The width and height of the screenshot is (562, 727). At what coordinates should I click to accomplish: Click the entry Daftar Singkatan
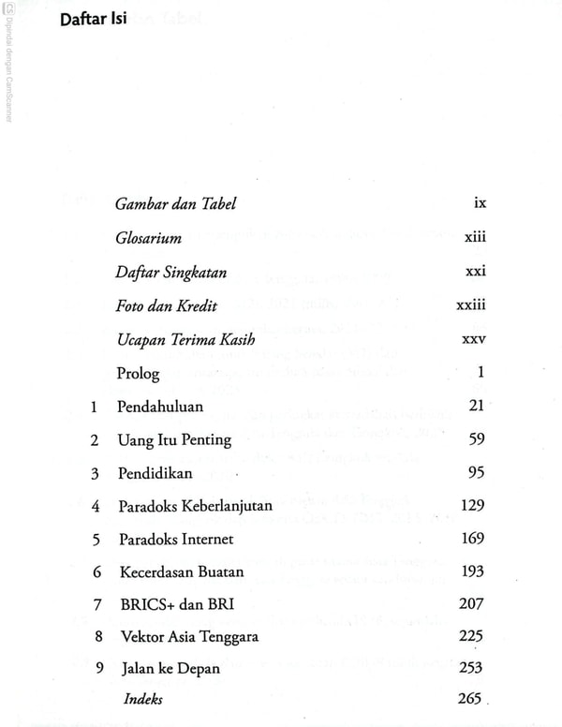click(x=171, y=273)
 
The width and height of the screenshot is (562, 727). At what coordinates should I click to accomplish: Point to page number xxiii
click(x=471, y=305)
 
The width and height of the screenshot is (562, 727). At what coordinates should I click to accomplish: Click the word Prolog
click(x=138, y=373)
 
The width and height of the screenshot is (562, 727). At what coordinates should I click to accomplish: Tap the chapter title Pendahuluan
click(x=160, y=407)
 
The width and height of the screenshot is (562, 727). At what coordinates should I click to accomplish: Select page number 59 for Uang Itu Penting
click(x=476, y=439)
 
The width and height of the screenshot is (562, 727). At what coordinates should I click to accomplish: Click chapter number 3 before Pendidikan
click(x=95, y=473)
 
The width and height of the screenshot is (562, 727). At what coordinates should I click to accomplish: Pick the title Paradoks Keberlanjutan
click(x=195, y=506)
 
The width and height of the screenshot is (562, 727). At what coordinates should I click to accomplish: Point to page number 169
click(x=472, y=539)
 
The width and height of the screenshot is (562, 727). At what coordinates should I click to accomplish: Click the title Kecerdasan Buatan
click(x=181, y=571)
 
